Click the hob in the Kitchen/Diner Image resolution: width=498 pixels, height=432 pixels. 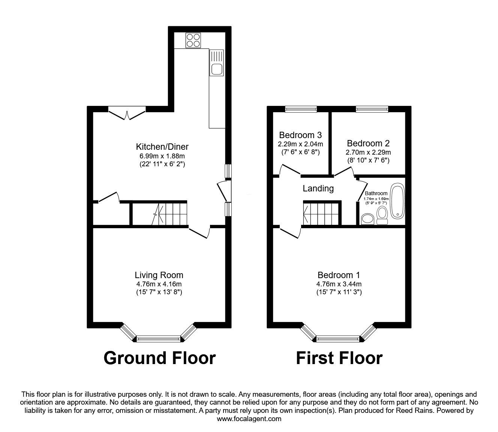(x=193, y=40)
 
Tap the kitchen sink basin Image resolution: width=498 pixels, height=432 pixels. (x=216, y=69)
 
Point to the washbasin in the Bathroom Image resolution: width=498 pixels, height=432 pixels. (x=367, y=218)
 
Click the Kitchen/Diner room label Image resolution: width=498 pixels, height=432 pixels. (x=162, y=147)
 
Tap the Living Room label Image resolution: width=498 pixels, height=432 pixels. (x=159, y=275)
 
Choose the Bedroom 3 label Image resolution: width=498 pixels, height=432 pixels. (x=300, y=135)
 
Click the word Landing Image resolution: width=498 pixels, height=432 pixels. (x=318, y=188)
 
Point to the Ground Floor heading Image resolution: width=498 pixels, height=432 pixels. (x=159, y=358)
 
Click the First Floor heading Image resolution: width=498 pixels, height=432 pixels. (x=339, y=358)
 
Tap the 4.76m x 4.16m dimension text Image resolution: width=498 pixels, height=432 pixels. (x=159, y=284)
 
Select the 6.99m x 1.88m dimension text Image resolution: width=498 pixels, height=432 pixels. (x=162, y=156)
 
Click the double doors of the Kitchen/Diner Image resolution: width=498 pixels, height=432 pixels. (x=126, y=112)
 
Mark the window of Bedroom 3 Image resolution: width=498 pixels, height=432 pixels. (x=301, y=109)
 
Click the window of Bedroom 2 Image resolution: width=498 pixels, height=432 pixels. (x=372, y=109)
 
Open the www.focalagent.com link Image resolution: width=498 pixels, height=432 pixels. (x=249, y=419)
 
